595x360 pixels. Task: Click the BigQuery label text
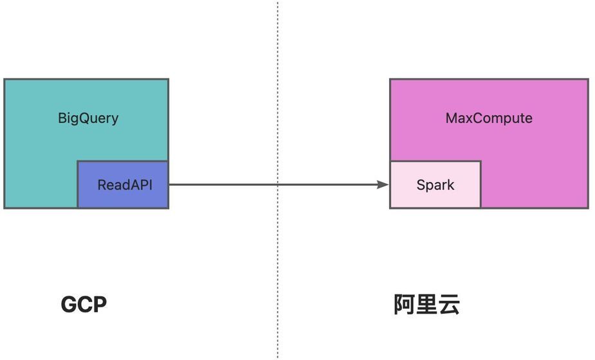pos(88,119)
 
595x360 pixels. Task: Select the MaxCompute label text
pos(489,119)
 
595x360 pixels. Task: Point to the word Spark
pos(435,185)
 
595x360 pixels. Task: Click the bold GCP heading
pos(84,305)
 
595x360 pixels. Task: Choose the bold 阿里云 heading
pos(426,305)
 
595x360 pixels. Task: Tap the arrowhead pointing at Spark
pos(384,185)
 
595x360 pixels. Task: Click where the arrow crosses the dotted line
pos(278,185)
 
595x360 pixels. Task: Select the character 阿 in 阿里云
pos(405,305)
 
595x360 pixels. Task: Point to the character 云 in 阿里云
pos(449,305)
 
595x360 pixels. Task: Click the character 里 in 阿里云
pos(426,305)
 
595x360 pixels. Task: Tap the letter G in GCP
pos(69,305)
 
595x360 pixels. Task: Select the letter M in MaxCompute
pos(452,119)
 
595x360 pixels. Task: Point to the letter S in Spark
pos(421,185)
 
